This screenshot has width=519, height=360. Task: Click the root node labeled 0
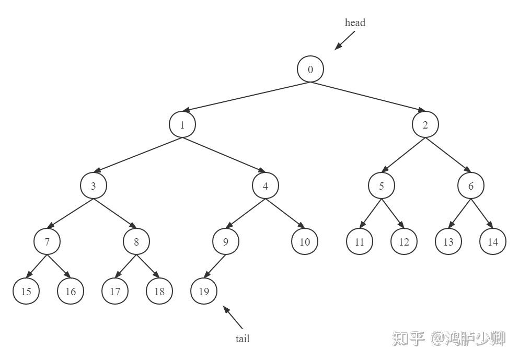(x=310, y=69)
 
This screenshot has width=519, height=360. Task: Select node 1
(x=182, y=125)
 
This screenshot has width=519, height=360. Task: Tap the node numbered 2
(x=425, y=125)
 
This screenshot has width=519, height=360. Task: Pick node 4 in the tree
(x=266, y=185)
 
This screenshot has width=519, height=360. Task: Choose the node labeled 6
(x=471, y=185)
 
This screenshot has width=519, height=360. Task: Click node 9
(x=226, y=242)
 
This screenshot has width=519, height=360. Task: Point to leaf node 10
(x=305, y=242)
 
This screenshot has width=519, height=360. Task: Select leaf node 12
(x=404, y=242)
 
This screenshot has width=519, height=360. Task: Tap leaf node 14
(x=493, y=242)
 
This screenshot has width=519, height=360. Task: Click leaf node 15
(x=26, y=292)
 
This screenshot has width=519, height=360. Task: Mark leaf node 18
(x=159, y=292)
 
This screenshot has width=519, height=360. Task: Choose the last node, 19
(x=204, y=292)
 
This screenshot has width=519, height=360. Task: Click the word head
(x=355, y=22)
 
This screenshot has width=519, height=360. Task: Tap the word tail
(x=243, y=339)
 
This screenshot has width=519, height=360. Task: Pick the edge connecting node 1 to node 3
(x=138, y=155)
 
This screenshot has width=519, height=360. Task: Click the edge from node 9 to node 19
(x=215, y=267)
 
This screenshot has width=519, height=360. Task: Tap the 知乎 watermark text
(x=408, y=338)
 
